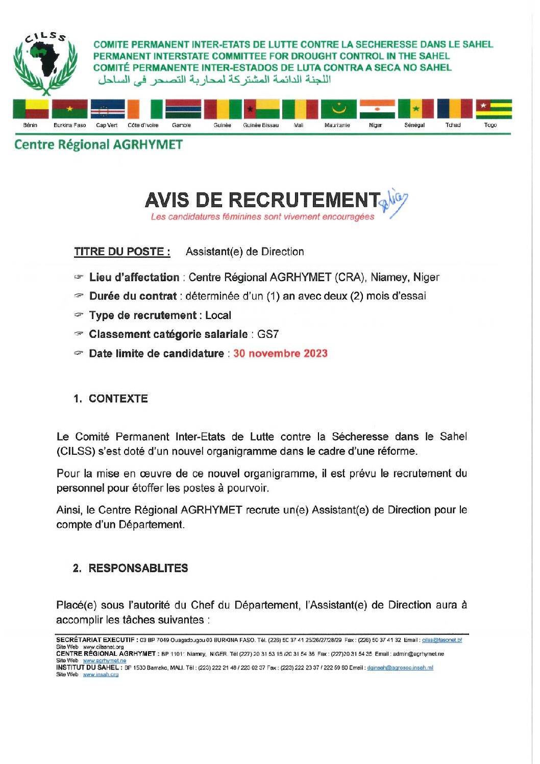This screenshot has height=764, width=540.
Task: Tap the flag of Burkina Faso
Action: [x=69, y=109]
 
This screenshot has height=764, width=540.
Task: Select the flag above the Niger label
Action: [x=377, y=109]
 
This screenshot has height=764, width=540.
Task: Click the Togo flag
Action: [x=494, y=109]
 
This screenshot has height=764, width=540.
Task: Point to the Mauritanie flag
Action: [x=338, y=109]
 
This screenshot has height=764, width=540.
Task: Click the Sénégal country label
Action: [x=414, y=125]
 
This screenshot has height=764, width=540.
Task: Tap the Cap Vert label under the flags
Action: [x=107, y=125]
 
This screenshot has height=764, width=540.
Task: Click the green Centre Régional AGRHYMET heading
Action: [x=99, y=145]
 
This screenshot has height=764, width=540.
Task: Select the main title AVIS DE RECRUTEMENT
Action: [x=263, y=200]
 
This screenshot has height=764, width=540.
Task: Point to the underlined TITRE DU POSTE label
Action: [x=122, y=252]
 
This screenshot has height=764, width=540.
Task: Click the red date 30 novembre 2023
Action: [x=280, y=353]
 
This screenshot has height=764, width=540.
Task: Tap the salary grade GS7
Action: [x=268, y=334]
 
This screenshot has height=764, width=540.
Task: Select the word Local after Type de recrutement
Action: [x=218, y=315]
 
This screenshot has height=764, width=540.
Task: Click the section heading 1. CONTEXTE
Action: [x=111, y=399]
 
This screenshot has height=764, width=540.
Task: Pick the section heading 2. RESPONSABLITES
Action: [x=131, y=568]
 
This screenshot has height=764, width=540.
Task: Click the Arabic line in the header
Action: [x=214, y=80]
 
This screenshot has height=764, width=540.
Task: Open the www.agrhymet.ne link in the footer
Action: [x=104, y=660]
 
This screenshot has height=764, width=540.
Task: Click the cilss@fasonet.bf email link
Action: [x=441, y=640]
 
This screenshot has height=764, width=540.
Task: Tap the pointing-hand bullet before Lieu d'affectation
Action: [x=78, y=277]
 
